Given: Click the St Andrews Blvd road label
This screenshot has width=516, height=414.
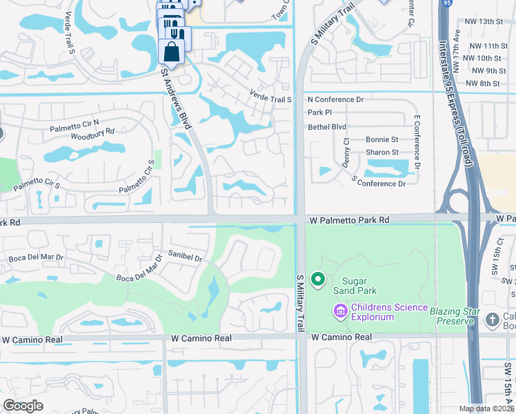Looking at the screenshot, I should pyautogui.click(x=175, y=99).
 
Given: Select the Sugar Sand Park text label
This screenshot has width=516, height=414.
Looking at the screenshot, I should pyautogui.click(x=355, y=286).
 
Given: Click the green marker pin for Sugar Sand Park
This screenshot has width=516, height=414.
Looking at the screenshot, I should pyautogui.click(x=318, y=279).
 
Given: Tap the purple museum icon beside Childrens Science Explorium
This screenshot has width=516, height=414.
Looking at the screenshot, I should pyautogui.click(x=339, y=312).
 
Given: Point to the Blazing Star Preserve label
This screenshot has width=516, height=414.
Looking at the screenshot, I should pyautogui.click(x=453, y=316).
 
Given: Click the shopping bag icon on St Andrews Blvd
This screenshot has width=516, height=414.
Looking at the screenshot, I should pyautogui.click(x=171, y=52).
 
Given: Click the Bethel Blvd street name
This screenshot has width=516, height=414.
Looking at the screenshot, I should pyautogui.click(x=327, y=127).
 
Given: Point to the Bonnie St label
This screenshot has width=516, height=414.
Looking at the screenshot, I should pyautogui.click(x=382, y=140).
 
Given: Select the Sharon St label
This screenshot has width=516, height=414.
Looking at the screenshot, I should pyautogui.click(x=382, y=152).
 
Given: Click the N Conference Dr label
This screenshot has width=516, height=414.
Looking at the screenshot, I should pyautogui.click(x=335, y=99).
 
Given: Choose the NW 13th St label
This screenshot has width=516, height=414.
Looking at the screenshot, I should pyautogui.click(x=486, y=22).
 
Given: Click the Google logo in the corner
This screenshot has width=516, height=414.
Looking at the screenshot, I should pyautogui.click(x=23, y=406).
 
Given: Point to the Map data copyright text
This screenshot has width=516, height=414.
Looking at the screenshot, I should pyautogui.click(x=486, y=408).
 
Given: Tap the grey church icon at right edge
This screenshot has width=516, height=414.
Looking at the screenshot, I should pyautogui.click(x=492, y=319).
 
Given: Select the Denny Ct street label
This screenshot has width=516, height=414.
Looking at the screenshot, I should pyautogui.click(x=346, y=157).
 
